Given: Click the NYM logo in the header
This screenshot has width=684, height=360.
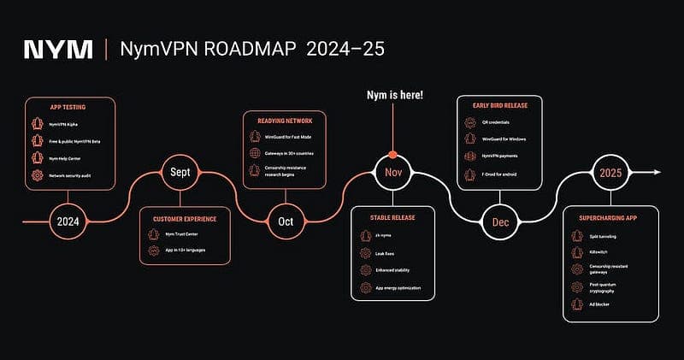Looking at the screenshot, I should pos(58,49).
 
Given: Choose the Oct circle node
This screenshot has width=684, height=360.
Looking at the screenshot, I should pos(286,221).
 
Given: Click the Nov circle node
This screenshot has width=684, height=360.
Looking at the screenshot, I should pos(393,173).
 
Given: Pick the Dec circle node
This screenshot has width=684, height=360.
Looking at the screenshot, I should pos(500,221).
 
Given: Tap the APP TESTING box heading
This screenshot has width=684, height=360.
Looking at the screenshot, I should pos(69,109).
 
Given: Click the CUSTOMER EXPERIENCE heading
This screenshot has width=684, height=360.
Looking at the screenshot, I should pos(184,219).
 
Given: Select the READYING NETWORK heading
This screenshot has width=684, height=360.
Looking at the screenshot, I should pos(286,121).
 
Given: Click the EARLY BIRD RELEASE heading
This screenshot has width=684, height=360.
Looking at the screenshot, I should pos(499,105).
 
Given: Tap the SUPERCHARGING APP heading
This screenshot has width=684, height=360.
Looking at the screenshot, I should pos(610,218).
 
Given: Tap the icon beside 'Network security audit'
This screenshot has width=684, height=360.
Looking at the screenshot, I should pos(37,175).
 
